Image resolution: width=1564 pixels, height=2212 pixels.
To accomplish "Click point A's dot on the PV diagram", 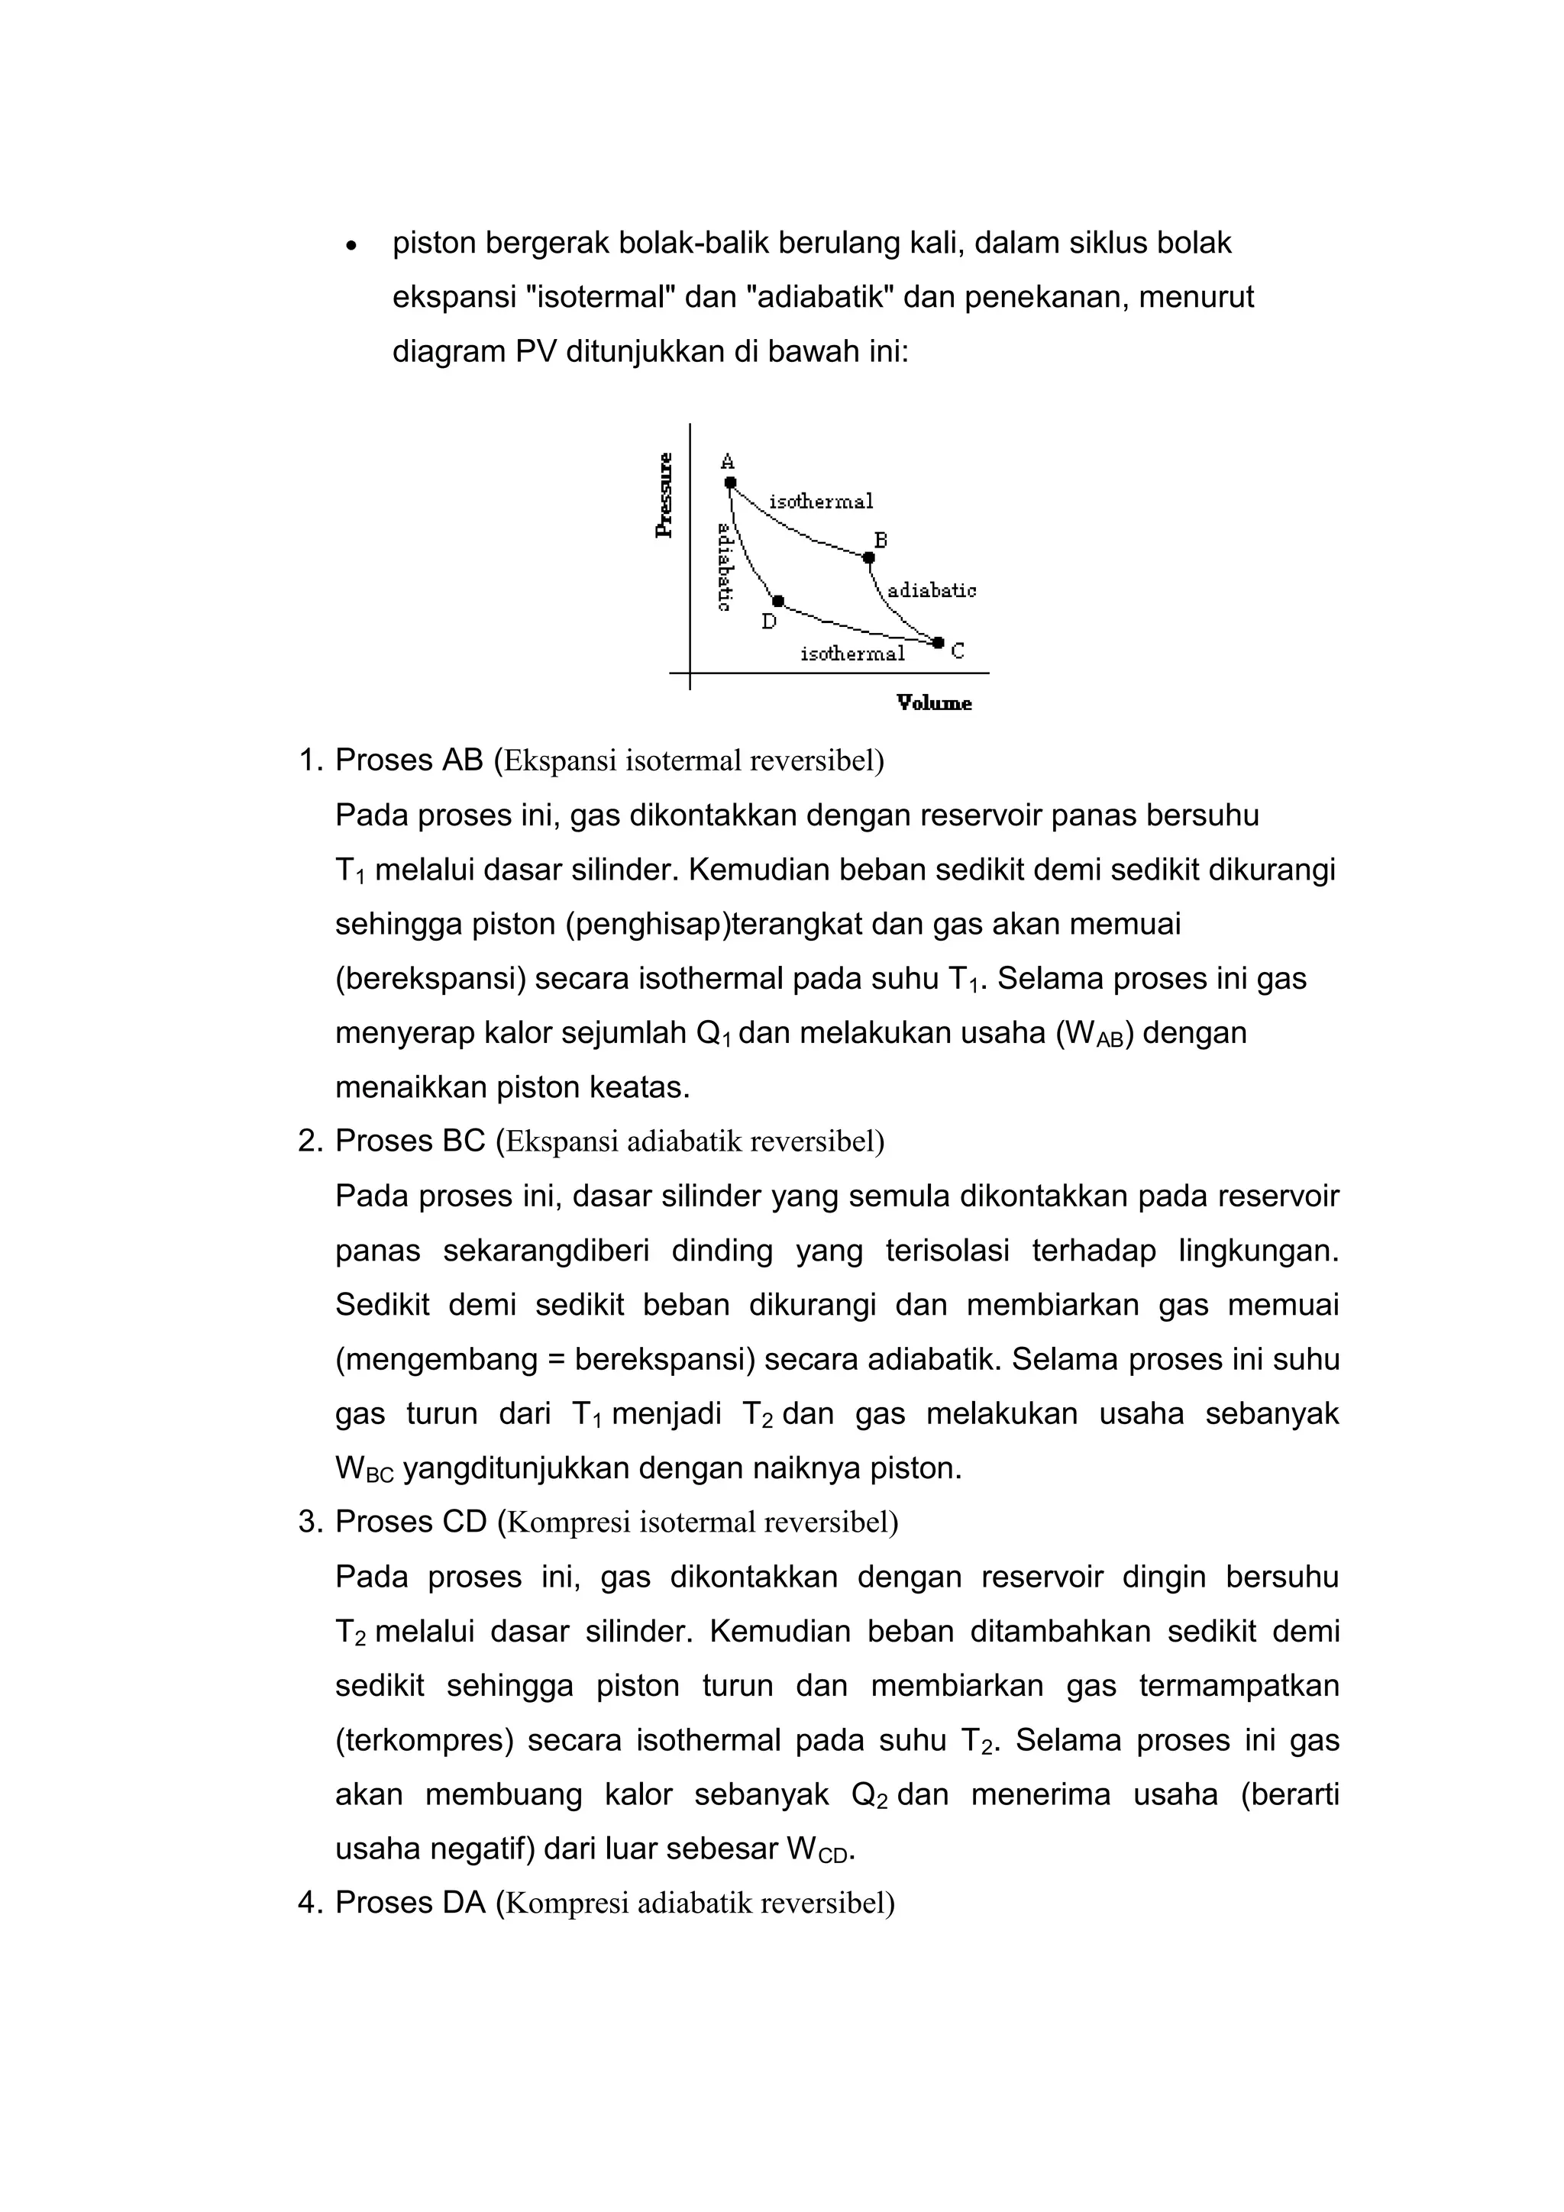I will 730,482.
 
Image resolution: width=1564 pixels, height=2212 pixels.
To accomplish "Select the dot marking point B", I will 868,557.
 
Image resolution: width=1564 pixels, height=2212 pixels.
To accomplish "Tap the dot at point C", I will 939,641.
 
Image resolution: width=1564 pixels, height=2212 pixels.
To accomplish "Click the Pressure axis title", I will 664,496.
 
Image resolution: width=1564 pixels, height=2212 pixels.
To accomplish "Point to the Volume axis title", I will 934,703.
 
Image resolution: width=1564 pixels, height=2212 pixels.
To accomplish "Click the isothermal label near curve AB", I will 821,501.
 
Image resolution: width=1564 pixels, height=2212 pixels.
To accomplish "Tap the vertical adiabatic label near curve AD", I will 722,567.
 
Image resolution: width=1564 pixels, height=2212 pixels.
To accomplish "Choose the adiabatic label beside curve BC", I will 931,590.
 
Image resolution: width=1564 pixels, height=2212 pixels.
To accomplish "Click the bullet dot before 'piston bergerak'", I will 353,247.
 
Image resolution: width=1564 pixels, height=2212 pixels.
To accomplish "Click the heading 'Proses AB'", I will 409,760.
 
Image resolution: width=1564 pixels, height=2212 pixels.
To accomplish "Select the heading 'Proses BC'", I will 409,1141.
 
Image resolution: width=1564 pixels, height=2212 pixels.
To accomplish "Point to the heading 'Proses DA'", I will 409,1902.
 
